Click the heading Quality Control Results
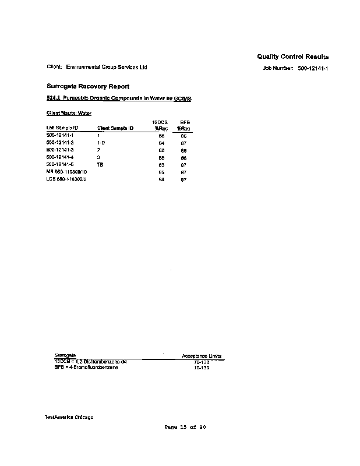tap(292, 57)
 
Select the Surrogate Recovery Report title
tap(83, 86)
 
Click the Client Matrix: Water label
tap(69, 113)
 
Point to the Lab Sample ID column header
tap(62, 128)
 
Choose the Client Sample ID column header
tap(115, 128)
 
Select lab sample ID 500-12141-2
tap(59, 143)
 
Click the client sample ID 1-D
tap(101, 143)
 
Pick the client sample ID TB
tap(100, 165)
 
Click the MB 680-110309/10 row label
tap(66, 172)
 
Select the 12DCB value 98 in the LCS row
tap(161, 180)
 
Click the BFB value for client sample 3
tap(183, 157)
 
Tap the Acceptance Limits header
tap(202, 356)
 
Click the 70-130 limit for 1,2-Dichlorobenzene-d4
tap(202, 362)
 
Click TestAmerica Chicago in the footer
tap(69, 417)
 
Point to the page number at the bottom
tap(185, 427)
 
